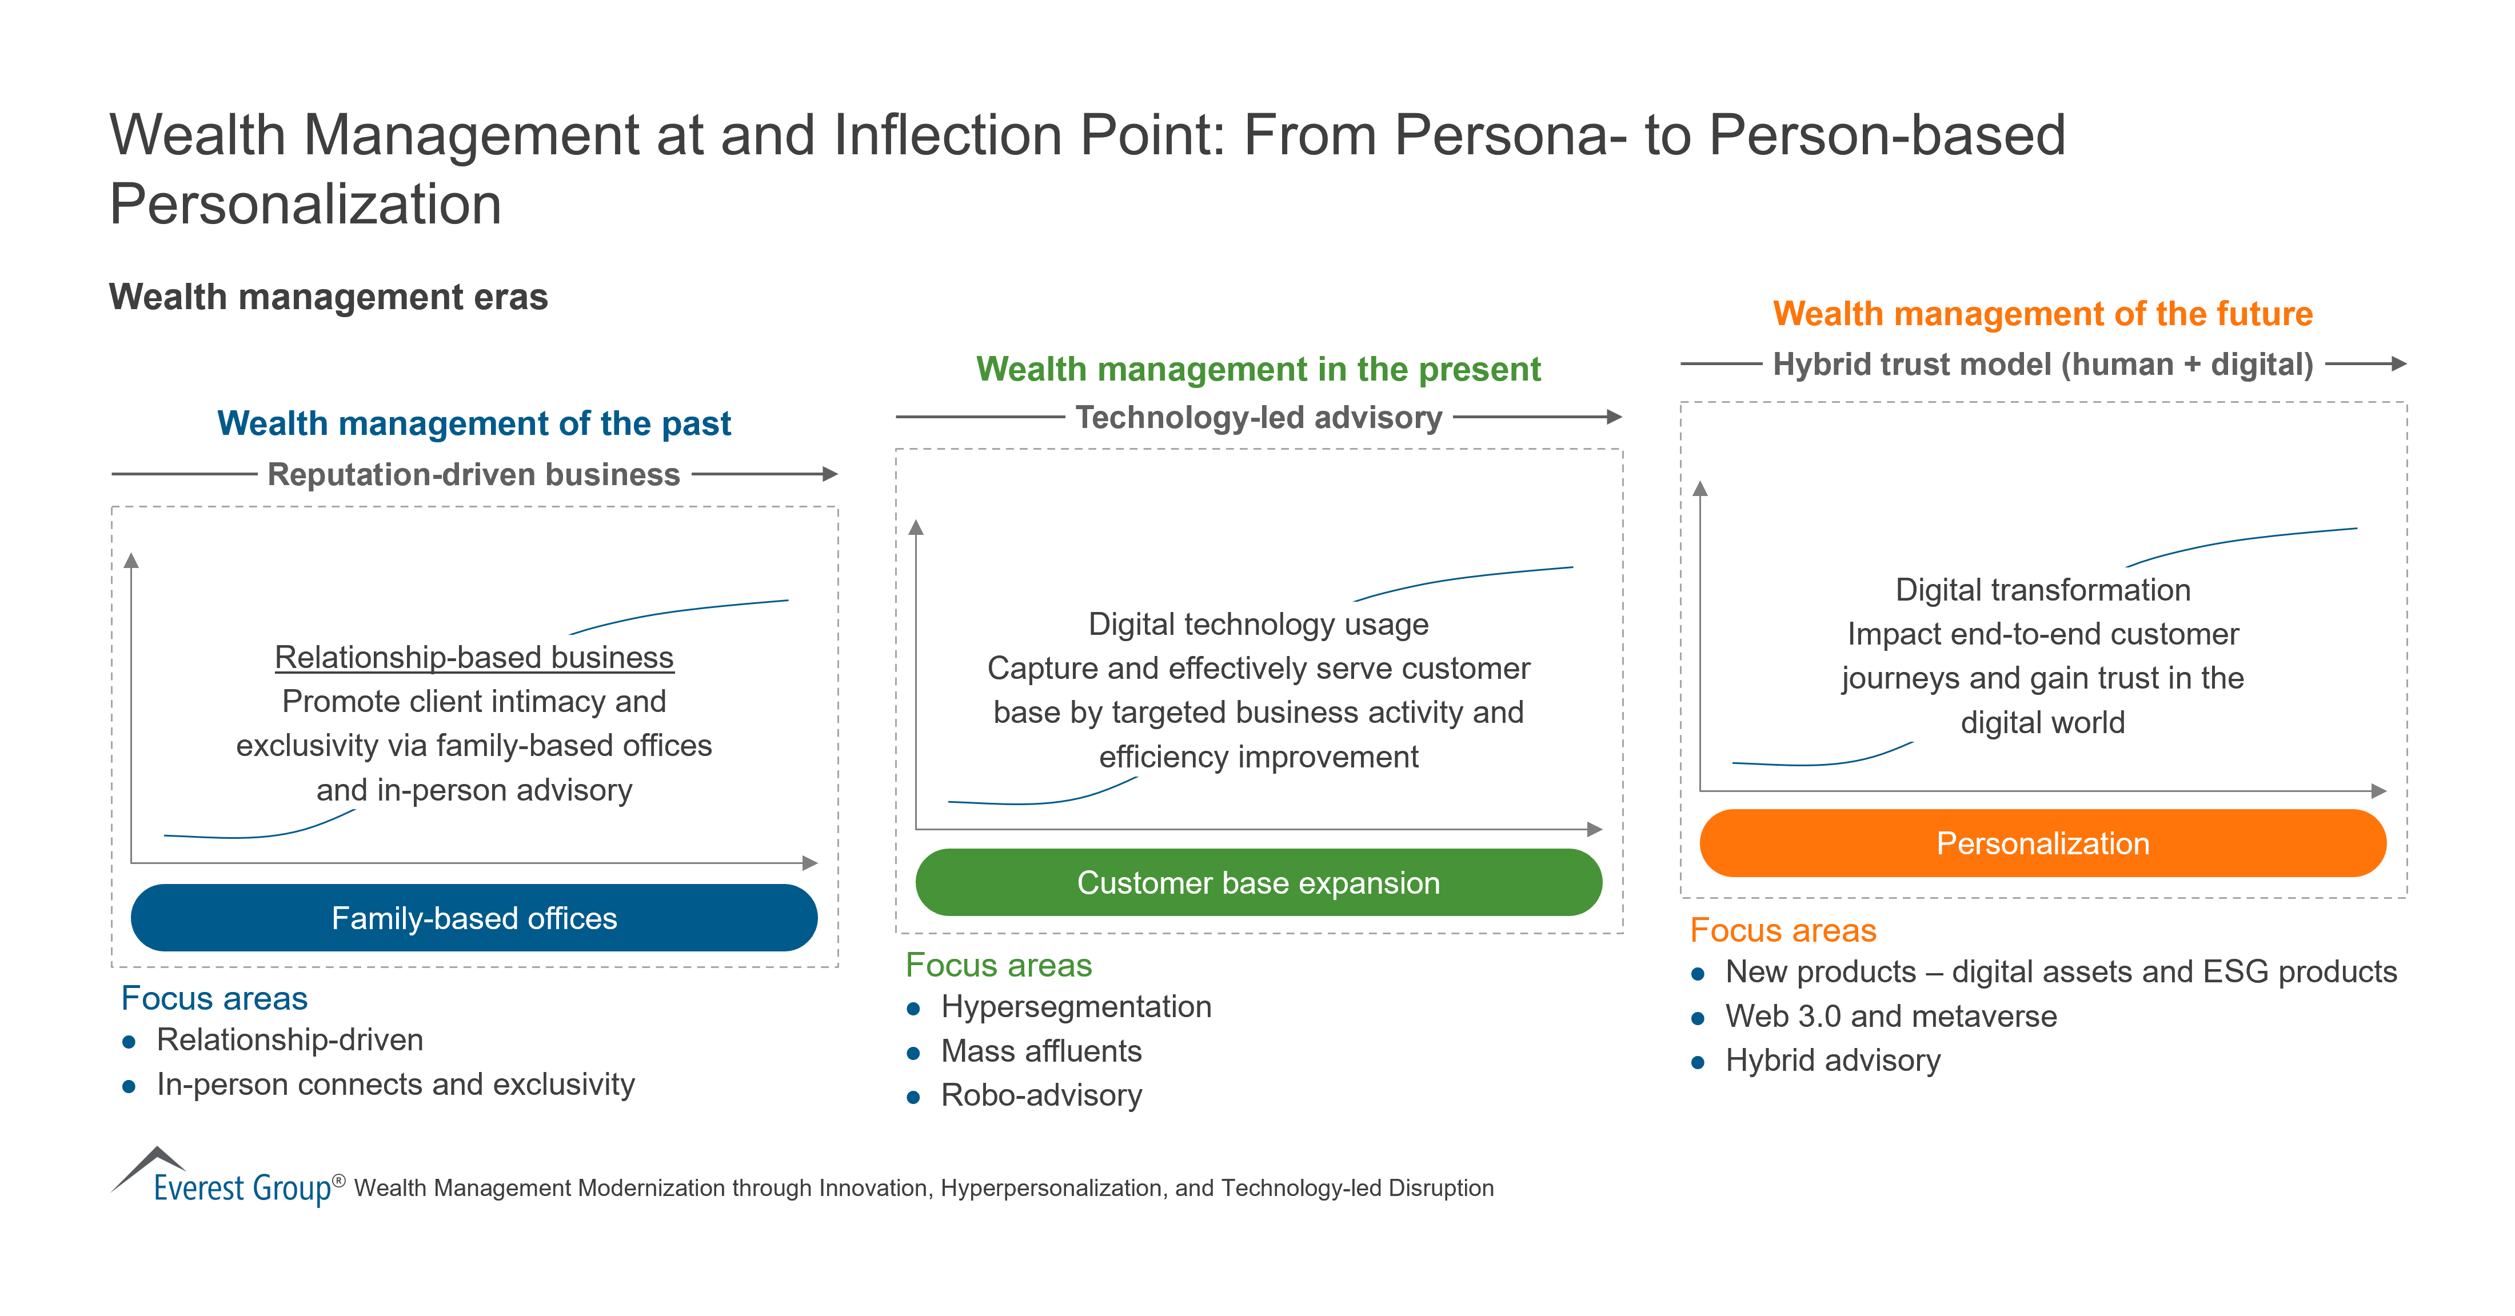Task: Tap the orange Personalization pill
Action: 2042,842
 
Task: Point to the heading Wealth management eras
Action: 328,297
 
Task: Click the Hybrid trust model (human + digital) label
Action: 2042,364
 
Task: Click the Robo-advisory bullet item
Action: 1041,1095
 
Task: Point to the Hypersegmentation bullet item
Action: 1075,1006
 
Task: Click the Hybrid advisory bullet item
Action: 1833,1060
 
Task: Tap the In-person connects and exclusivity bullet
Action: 396,1085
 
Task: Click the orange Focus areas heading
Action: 1783,930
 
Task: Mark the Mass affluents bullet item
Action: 1041,1051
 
